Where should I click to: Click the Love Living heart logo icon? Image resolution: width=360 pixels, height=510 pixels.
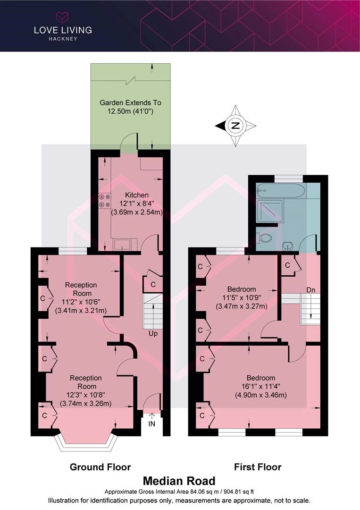[x=63, y=17]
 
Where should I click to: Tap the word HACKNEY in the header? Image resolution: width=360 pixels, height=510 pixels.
[x=63, y=39]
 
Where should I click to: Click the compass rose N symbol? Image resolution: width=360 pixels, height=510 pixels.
[x=235, y=126]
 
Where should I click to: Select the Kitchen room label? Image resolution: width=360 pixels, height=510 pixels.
[x=137, y=195]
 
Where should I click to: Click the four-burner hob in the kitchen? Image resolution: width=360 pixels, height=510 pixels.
[x=105, y=200]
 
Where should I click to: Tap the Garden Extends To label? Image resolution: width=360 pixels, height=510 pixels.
[x=130, y=103]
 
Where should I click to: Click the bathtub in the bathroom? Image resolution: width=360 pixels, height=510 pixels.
[x=280, y=190]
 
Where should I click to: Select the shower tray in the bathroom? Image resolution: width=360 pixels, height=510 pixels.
[x=270, y=210]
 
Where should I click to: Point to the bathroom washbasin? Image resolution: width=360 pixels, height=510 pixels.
[x=287, y=246]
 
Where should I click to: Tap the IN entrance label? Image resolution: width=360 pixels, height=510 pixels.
[x=152, y=424]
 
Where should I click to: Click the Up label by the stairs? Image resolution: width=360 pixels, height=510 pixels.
[x=153, y=333]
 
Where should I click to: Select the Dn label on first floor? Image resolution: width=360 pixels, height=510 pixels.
[x=310, y=290]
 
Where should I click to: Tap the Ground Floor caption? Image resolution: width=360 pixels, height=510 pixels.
[x=100, y=467]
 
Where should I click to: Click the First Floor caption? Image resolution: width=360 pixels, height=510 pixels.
[x=258, y=467]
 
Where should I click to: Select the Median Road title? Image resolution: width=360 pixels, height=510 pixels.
[x=179, y=481]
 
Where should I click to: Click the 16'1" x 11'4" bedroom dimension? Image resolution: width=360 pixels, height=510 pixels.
[x=261, y=386]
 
